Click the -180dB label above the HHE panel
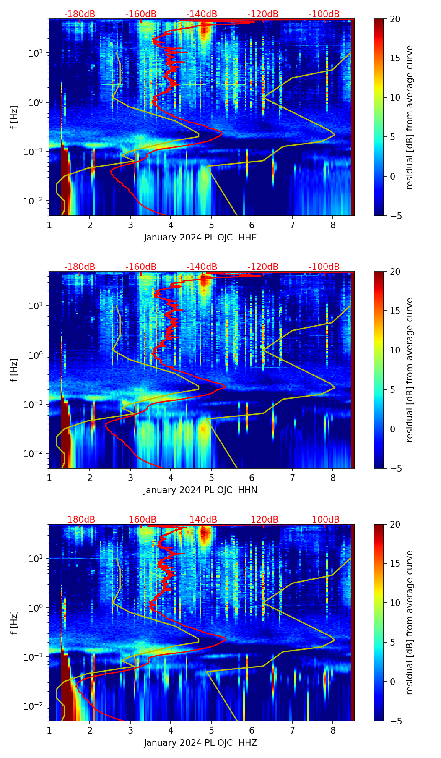80,14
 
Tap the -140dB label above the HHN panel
202,267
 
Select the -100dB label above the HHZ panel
324,520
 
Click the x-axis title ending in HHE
200,238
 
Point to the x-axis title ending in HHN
200,490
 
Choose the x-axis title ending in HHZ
200,743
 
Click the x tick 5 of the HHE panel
211,225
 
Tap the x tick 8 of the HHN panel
333,477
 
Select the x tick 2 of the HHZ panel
90,730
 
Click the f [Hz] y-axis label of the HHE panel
14,118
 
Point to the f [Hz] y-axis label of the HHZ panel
14,623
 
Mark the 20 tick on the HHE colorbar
395,19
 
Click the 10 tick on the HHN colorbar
395,350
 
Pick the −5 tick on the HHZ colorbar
395,721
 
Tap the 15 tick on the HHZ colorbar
395,564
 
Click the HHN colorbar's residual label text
410,370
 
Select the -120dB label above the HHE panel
263,14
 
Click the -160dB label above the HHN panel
141,267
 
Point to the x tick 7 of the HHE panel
292,225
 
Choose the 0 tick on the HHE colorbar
393,176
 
